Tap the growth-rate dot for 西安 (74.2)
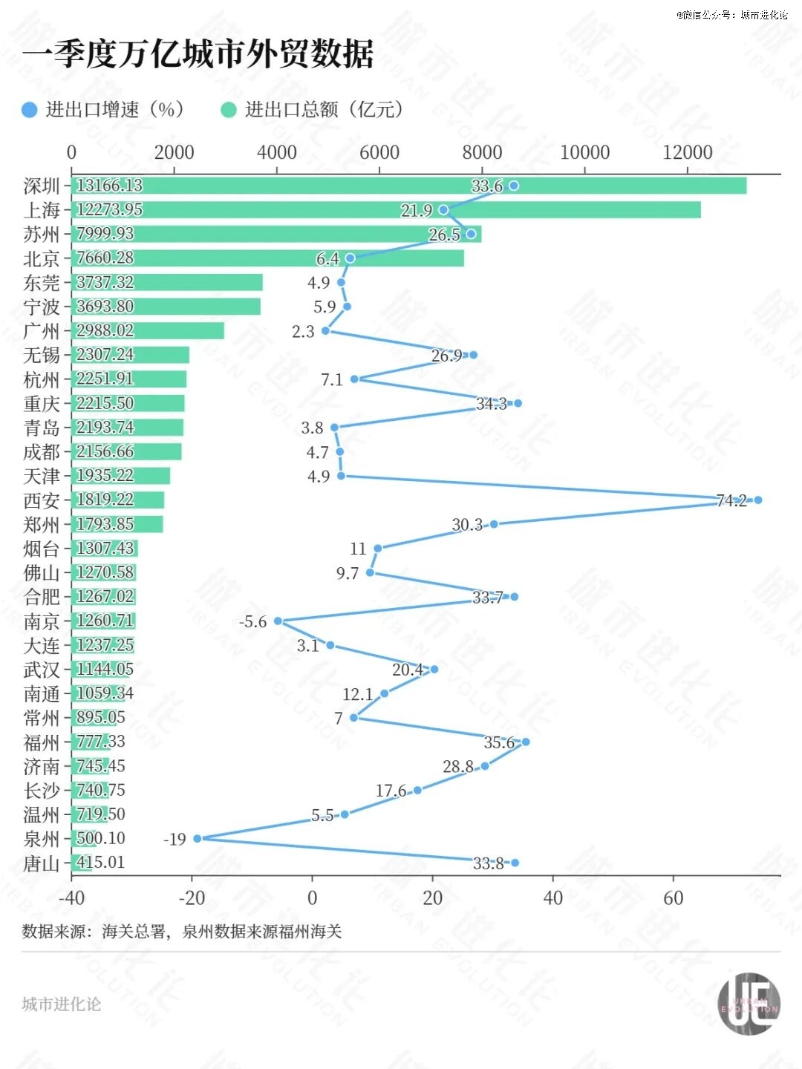point(757,500)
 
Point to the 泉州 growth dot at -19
point(198,838)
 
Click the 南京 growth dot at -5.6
point(278,621)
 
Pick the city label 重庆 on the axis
point(42,404)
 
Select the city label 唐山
point(42,863)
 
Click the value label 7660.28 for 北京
point(105,258)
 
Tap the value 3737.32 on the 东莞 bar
point(105,282)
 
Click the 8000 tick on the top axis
point(483,153)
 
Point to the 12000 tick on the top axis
point(688,153)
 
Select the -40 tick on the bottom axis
point(71,898)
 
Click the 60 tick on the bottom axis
point(674,898)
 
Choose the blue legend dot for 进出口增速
point(30,110)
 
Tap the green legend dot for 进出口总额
point(229,110)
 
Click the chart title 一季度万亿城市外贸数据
point(198,54)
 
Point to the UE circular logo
point(749,1004)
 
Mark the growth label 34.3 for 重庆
point(491,404)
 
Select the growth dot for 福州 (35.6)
point(526,742)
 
